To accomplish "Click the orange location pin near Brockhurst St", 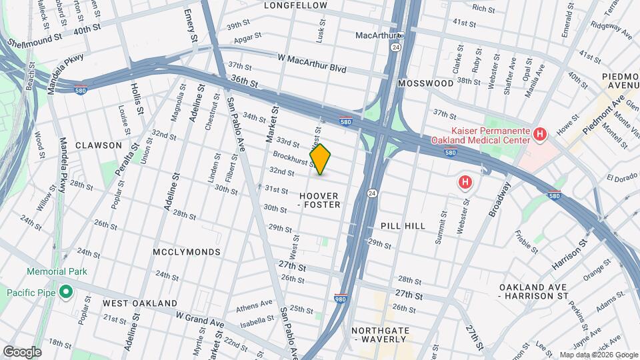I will click(321, 159).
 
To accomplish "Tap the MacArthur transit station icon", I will click(401, 35).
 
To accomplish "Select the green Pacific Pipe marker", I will click(66, 292).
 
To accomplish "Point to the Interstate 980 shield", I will click(340, 298).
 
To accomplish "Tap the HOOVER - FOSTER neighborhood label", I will click(319, 200).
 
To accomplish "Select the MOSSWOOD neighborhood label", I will click(425, 83).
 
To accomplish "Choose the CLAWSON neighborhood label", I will click(99, 145).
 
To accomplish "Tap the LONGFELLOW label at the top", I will click(295, 5).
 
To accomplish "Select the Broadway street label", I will click(499, 199).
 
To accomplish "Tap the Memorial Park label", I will click(52, 272).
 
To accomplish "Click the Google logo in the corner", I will click(22, 351).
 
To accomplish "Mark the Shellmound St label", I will click(35, 41).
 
